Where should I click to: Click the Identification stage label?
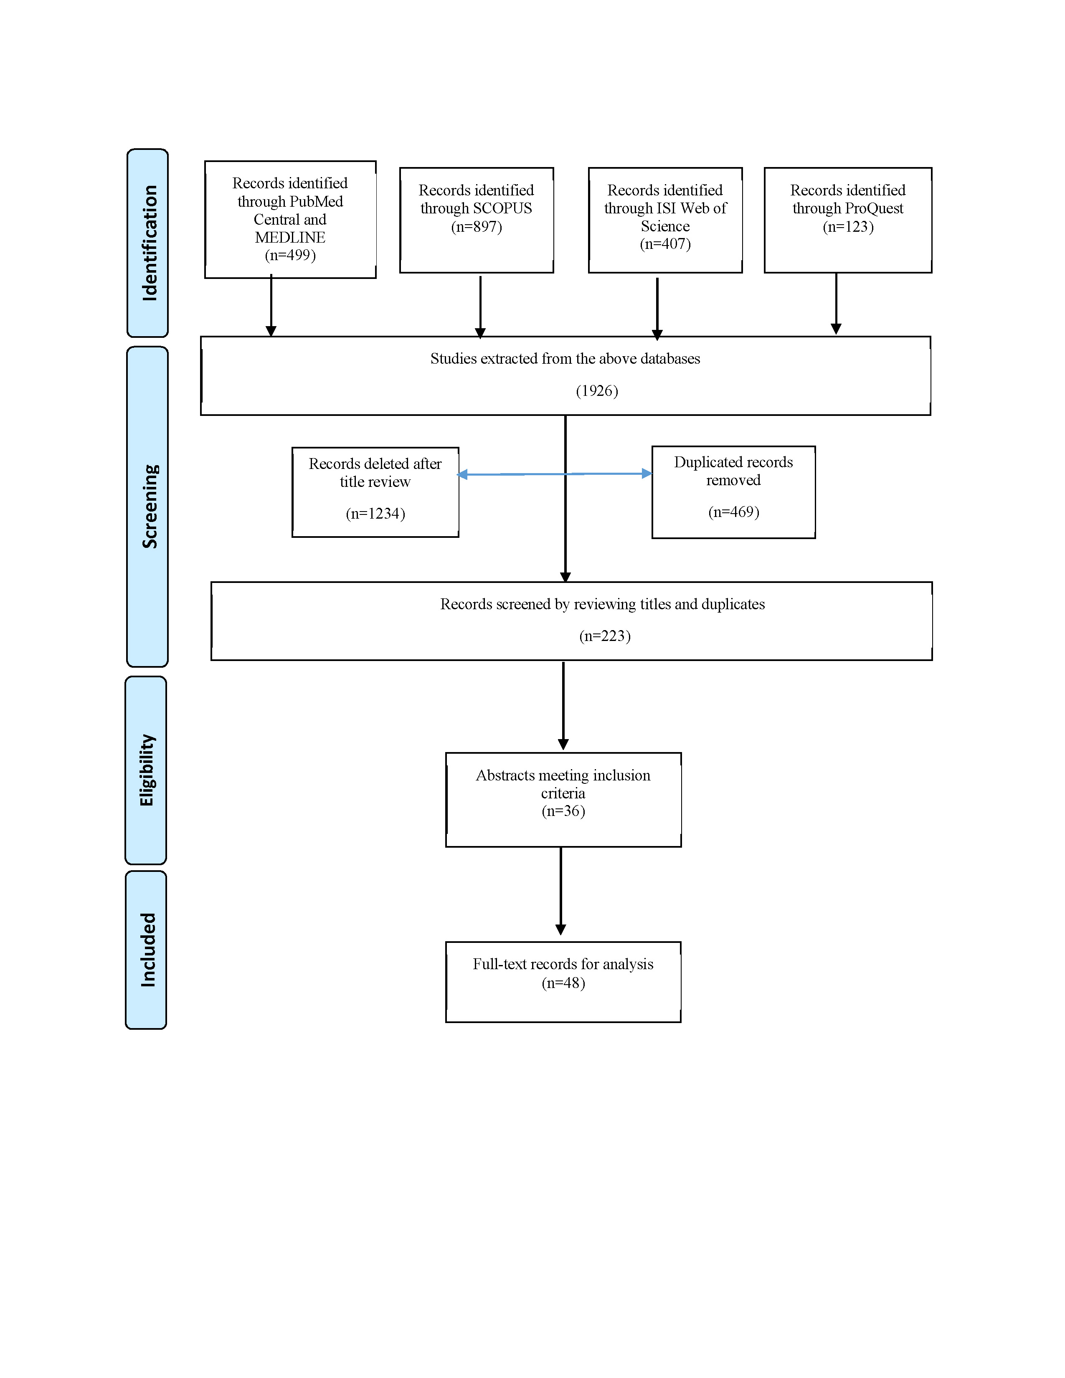[x=150, y=243]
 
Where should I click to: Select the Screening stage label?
[x=150, y=506]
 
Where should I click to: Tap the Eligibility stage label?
[x=147, y=770]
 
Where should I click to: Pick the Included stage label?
[x=147, y=950]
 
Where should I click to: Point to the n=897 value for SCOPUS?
[x=477, y=226]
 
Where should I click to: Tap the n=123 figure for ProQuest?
[x=848, y=226]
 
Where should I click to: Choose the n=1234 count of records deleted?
[x=375, y=514]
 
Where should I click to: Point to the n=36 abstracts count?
[x=563, y=811]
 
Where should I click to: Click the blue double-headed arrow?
[x=555, y=474]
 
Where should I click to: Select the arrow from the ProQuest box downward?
[x=836, y=304]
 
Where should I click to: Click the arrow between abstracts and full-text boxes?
[x=560, y=891]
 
